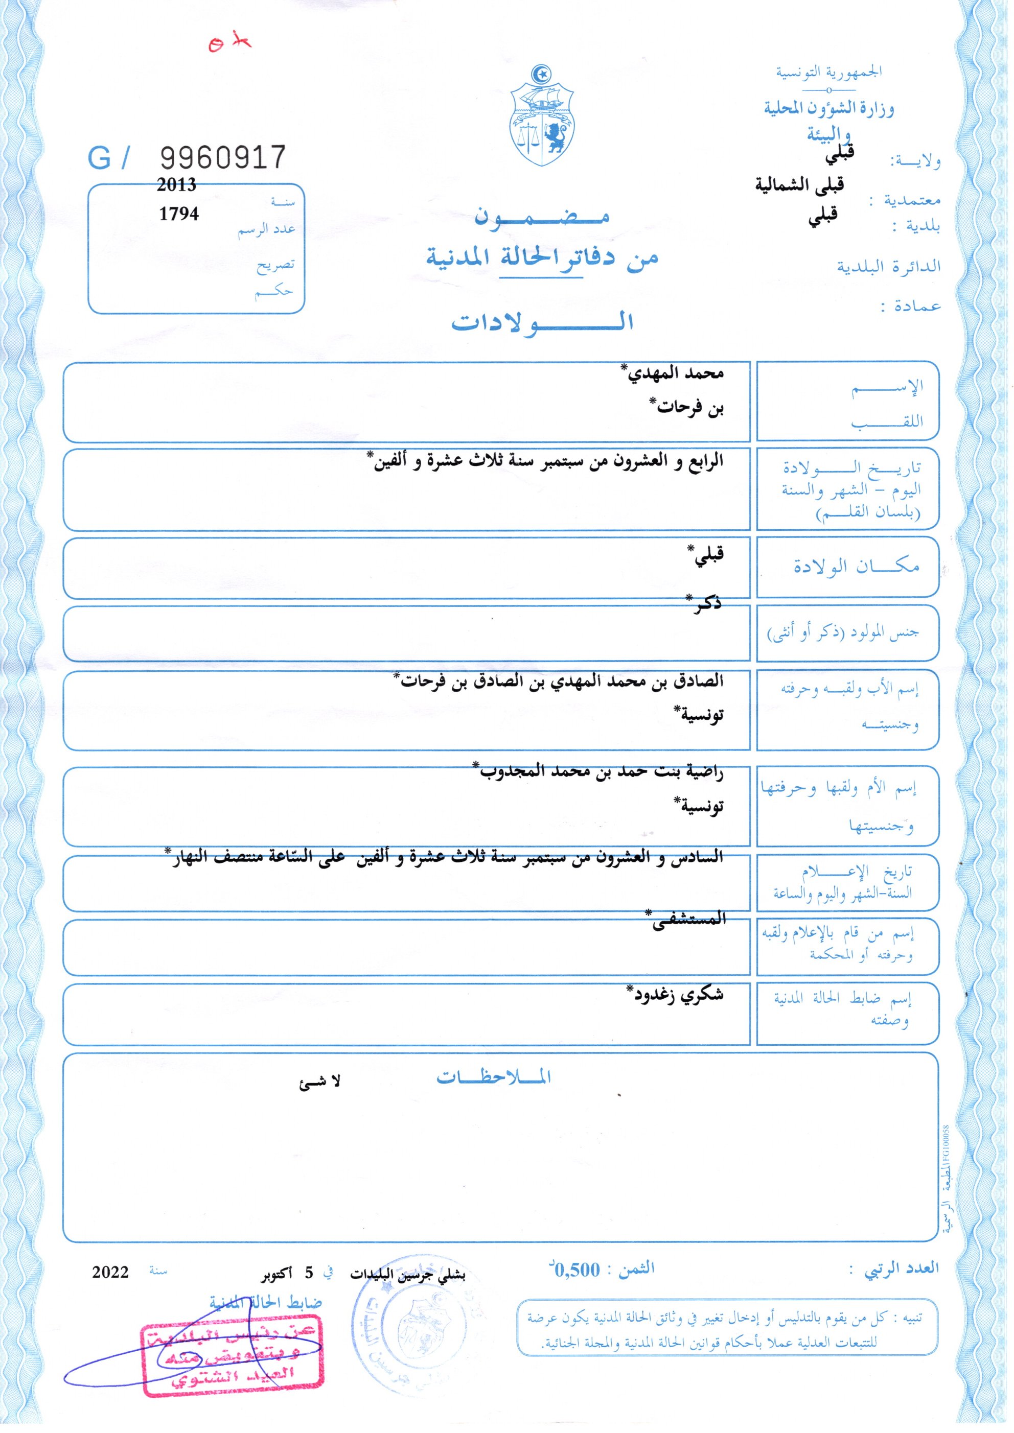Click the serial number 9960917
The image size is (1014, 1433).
tap(223, 157)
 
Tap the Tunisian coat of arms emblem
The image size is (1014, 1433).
tap(541, 116)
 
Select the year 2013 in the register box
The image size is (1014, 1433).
tap(177, 185)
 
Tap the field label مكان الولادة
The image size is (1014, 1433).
tap(856, 566)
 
